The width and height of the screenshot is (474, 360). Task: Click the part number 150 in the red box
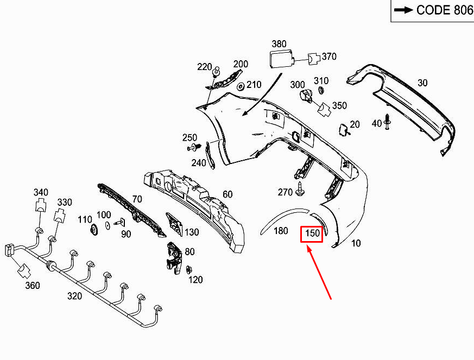[312, 233]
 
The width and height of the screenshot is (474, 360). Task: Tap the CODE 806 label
[433, 10]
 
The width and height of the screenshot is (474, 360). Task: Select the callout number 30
[422, 83]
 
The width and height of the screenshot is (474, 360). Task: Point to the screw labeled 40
[388, 123]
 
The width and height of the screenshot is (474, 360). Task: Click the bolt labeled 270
[300, 190]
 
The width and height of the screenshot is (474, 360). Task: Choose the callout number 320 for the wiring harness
[74, 296]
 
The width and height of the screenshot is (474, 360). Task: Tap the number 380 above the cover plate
[279, 43]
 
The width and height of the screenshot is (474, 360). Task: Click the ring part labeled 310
[320, 90]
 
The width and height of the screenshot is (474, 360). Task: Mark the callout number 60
[227, 194]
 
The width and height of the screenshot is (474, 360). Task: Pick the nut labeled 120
[189, 269]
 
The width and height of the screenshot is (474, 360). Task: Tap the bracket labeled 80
[174, 255]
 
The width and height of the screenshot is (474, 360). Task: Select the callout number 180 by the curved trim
[280, 231]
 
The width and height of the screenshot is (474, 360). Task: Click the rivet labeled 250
[193, 147]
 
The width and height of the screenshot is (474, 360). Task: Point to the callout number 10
[356, 243]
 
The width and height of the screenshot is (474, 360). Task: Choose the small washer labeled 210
[242, 86]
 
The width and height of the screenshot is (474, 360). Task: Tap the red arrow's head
[308, 248]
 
